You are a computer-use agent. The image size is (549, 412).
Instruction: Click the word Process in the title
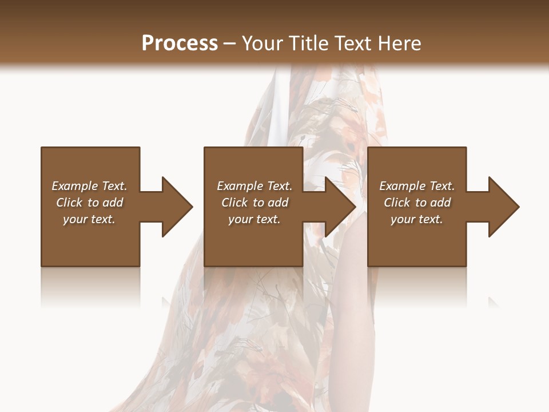click(x=180, y=43)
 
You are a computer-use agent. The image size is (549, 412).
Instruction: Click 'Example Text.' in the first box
click(x=89, y=186)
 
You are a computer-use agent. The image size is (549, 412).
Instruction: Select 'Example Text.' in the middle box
click(x=254, y=186)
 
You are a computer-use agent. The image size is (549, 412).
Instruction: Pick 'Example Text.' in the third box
click(x=417, y=186)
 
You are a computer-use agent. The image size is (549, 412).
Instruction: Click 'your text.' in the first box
click(x=89, y=219)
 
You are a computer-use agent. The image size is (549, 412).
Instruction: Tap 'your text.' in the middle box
click(x=254, y=219)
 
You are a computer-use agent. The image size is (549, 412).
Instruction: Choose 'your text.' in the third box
click(x=417, y=219)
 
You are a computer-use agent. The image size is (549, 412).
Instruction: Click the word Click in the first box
click(x=69, y=203)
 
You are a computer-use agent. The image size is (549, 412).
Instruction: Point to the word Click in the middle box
click(x=234, y=203)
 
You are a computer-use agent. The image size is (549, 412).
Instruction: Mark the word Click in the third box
click(x=397, y=203)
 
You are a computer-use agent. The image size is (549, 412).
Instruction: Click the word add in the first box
click(x=113, y=203)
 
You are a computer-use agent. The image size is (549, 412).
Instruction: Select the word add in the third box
click(x=441, y=203)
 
